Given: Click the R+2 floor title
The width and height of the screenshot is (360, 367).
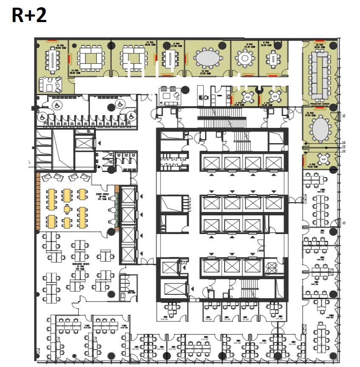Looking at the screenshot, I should click(29, 16).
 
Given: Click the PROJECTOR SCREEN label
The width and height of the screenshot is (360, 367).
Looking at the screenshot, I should click(320, 104).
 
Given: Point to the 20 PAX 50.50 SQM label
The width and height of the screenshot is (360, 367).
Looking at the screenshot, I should click(321, 45).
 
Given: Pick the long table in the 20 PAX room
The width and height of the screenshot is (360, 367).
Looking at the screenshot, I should click(321, 74).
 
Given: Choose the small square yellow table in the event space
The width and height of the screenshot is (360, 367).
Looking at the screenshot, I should click(67, 209).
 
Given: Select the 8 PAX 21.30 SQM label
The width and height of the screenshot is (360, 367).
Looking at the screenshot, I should click(250, 45).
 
